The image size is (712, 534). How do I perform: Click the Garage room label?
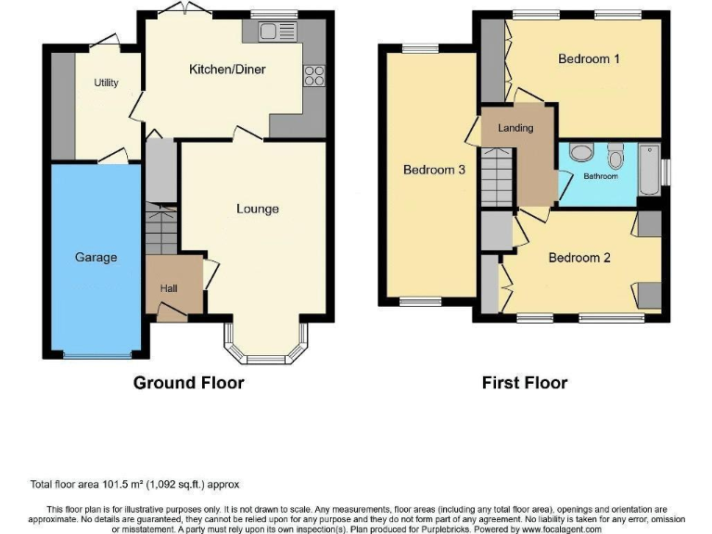(95, 257)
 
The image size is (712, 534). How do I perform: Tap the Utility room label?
(107, 83)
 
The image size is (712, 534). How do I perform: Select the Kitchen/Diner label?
(227, 70)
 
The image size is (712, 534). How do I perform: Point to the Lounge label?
(257, 209)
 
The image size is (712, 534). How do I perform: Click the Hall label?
(168, 288)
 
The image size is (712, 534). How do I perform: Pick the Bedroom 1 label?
(589, 59)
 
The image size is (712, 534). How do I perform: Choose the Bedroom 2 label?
(579, 258)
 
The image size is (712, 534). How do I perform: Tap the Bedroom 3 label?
(434, 170)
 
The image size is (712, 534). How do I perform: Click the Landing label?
(515, 128)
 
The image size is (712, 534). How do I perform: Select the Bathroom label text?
(600, 175)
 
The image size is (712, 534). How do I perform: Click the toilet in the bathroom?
(617, 154)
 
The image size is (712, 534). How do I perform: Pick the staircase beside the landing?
(495, 181)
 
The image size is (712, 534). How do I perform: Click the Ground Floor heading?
(189, 382)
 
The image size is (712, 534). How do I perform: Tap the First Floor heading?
(525, 382)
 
